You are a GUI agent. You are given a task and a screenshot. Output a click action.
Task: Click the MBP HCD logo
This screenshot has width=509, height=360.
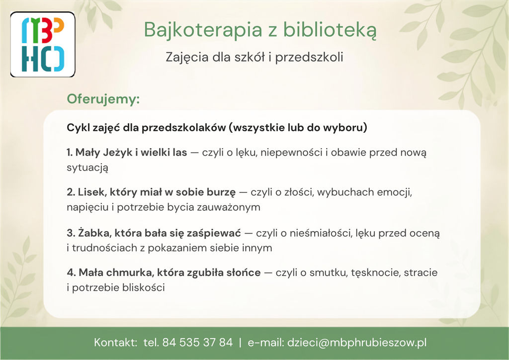[x=43, y=44]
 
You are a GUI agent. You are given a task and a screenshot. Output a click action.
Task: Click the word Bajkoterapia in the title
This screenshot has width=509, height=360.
[x=203, y=30]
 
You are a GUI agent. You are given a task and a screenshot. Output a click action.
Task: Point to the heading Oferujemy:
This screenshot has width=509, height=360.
[x=103, y=98]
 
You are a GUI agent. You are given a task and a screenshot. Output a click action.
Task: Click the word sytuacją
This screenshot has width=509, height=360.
[x=87, y=168]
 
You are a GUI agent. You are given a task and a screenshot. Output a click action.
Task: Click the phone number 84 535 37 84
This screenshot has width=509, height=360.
[x=197, y=342]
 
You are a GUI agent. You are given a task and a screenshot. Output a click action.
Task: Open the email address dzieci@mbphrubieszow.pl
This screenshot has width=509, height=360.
[x=357, y=343]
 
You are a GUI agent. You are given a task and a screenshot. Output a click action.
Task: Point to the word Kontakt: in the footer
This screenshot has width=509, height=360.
[x=115, y=342]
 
